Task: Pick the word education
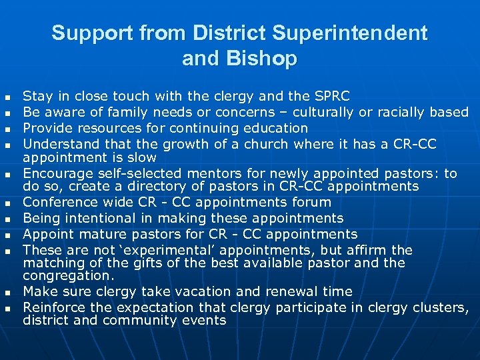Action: click(273, 128)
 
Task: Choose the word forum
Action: click(313, 202)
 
